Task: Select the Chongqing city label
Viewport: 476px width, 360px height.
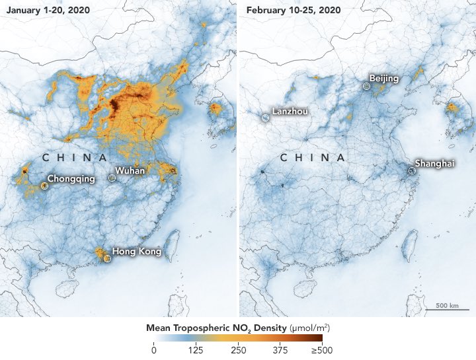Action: point(71,178)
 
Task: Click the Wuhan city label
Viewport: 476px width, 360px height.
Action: point(132,171)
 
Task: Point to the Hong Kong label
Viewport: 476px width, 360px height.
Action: point(136,251)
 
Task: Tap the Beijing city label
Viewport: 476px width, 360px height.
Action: point(384,79)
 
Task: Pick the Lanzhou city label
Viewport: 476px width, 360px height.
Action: point(289,112)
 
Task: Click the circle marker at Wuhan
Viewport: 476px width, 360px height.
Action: point(112,178)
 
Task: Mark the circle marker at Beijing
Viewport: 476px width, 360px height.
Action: point(367,86)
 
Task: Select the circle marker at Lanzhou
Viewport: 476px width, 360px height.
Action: point(264,117)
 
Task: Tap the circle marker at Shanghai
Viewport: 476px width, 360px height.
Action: point(411,170)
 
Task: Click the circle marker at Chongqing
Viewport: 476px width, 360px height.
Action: point(44,186)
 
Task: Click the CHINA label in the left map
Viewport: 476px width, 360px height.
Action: point(74,158)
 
